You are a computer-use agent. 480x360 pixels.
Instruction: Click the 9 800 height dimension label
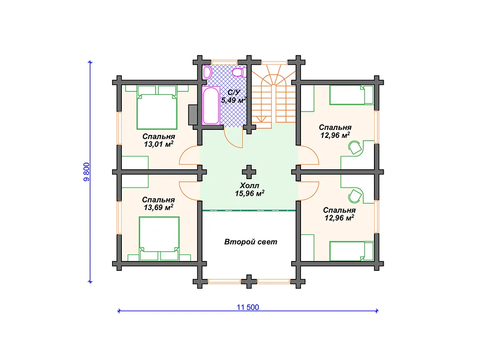(x=87, y=172)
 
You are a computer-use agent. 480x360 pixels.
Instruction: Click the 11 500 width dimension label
(x=247, y=307)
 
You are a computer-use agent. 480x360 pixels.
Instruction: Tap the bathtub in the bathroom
(x=211, y=105)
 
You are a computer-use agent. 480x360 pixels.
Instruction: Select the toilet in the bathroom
(x=238, y=73)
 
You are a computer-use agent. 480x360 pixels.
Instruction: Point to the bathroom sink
(x=207, y=72)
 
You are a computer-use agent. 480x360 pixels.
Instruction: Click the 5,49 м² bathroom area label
(x=233, y=100)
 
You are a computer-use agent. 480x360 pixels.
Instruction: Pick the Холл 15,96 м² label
(x=249, y=189)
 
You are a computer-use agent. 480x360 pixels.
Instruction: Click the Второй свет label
(x=251, y=242)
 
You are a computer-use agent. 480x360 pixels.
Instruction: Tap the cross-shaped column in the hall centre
(x=249, y=172)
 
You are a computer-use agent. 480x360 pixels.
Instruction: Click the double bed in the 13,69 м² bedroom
(x=159, y=239)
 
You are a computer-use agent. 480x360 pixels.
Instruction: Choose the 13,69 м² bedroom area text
(x=158, y=207)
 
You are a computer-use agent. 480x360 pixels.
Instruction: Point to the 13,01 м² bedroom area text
(x=159, y=144)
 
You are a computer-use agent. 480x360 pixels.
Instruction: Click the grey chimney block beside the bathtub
(x=193, y=114)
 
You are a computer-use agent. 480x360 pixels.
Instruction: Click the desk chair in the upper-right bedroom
(x=355, y=148)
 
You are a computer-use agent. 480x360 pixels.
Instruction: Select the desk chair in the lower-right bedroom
(x=355, y=196)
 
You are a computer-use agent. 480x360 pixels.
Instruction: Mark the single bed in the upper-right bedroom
(x=352, y=95)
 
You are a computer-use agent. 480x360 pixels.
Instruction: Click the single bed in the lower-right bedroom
(x=352, y=251)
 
